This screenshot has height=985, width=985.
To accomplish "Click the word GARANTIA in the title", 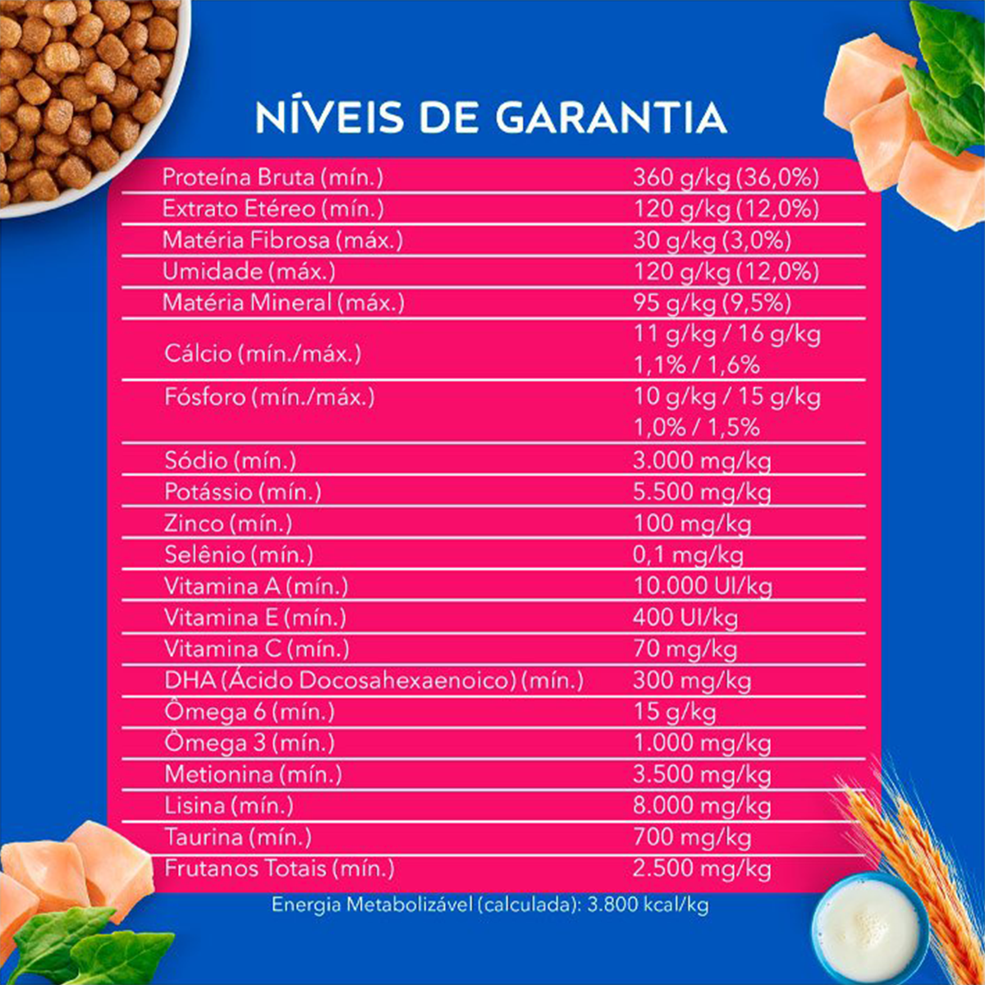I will point(612,117).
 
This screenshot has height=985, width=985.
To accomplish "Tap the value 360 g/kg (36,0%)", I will point(726,177).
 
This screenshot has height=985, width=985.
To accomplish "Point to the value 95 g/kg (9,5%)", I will point(712,303).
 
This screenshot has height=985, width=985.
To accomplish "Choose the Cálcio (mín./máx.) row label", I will point(263,354).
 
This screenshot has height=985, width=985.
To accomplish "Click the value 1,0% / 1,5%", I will point(696,428).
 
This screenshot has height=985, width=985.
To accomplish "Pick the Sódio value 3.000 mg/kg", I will point(702,460).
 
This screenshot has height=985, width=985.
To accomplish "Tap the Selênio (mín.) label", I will point(239,555).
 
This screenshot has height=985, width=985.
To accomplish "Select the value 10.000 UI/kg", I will point(703,586).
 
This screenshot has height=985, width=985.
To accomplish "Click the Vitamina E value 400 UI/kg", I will point(685,617).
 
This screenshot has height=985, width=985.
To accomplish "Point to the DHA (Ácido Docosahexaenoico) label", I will point(373,680).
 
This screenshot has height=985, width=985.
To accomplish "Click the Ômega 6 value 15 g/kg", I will point(674,712).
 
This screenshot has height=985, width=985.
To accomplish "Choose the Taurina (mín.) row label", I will point(238,837).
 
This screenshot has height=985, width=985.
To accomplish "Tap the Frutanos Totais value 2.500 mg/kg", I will point(702,868).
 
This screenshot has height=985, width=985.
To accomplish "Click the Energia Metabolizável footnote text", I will point(490,905).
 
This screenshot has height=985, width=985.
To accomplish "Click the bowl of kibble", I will point(86,98).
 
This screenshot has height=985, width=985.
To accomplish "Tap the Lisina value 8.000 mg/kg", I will point(702,805).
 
